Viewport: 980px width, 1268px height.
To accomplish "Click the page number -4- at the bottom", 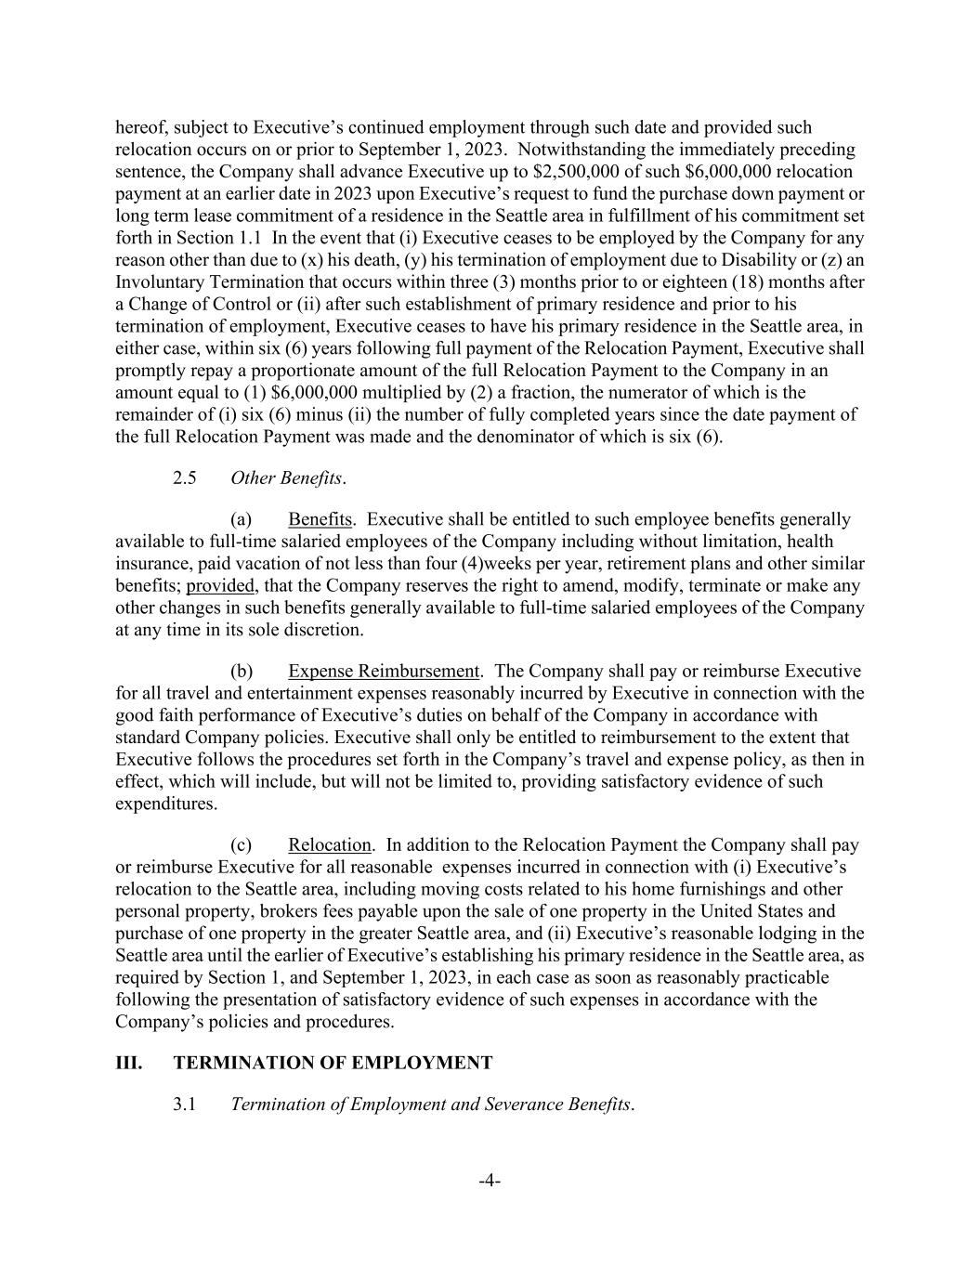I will tap(490, 1181).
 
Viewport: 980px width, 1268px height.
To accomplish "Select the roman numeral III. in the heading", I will tap(129, 1063).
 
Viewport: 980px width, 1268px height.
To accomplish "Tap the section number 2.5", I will tap(185, 477).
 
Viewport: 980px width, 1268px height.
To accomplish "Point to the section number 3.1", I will tap(185, 1105).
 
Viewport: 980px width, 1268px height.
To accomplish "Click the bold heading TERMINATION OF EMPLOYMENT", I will tap(333, 1063).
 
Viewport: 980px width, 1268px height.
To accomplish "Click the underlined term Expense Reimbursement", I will tap(384, 671).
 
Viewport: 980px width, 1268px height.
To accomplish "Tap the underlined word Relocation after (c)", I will tap(330, 845).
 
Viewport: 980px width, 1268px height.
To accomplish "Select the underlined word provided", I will tap(220, 586).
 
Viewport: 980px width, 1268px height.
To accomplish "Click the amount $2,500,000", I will tap(581, 172).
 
